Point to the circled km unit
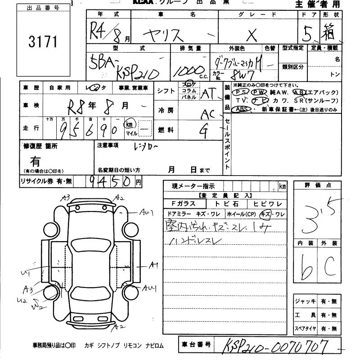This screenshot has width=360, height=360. (129, 124)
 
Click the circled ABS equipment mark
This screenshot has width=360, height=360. (242, 108)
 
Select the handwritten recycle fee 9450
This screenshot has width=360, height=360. (108, 181)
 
